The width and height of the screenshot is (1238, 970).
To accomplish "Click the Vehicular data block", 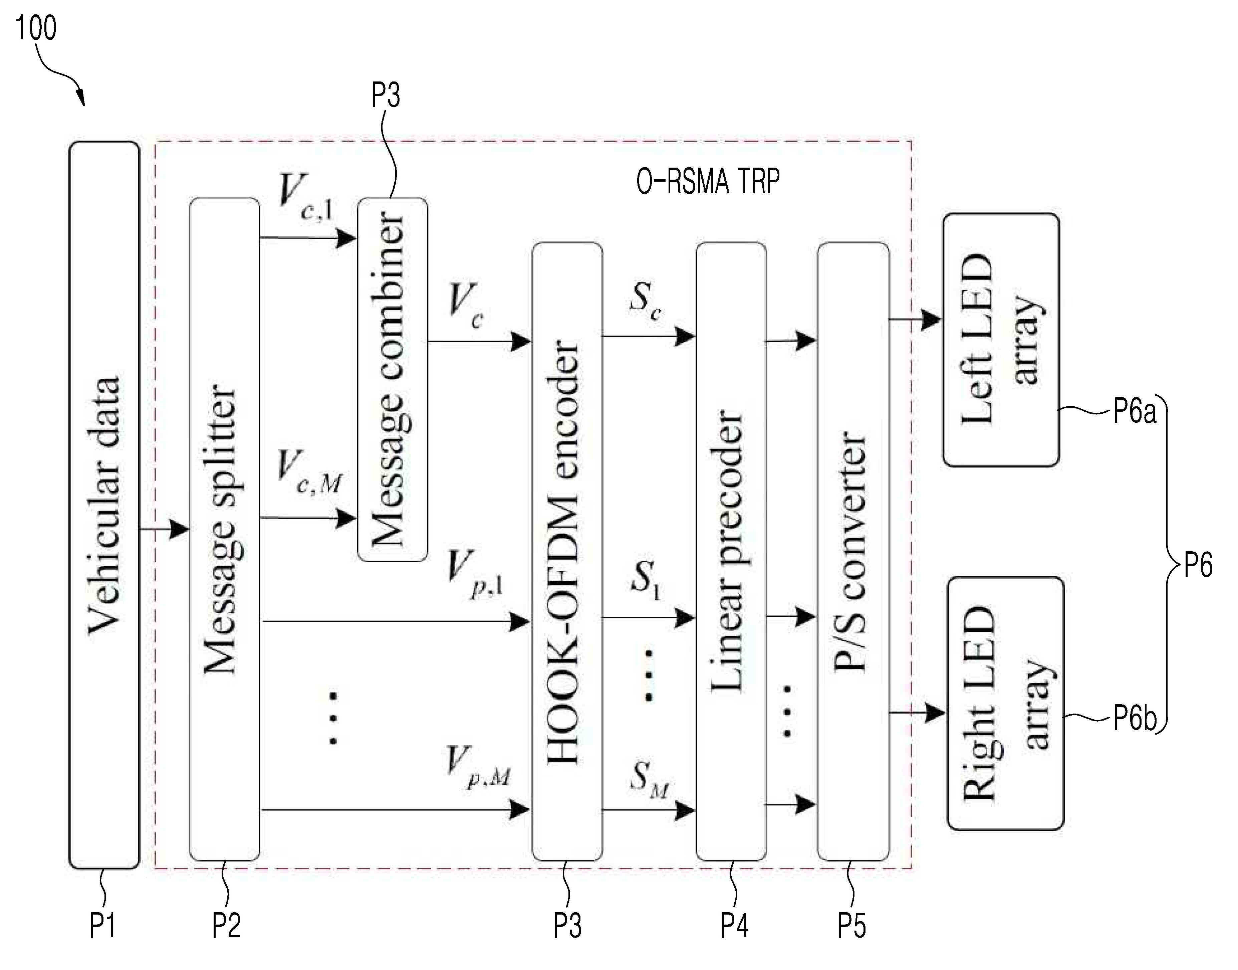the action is (x=104, y=505).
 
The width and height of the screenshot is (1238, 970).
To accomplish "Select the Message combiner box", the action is (x=392, y=379).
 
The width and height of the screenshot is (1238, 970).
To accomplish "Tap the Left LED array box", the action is (x=1001, y=340).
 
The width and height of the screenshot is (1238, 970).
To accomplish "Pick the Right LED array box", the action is (x=1005, y=703).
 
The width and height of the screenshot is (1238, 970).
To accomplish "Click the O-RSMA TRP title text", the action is (x=708, y=182).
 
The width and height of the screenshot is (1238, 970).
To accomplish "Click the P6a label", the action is (x=1134, y=411).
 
